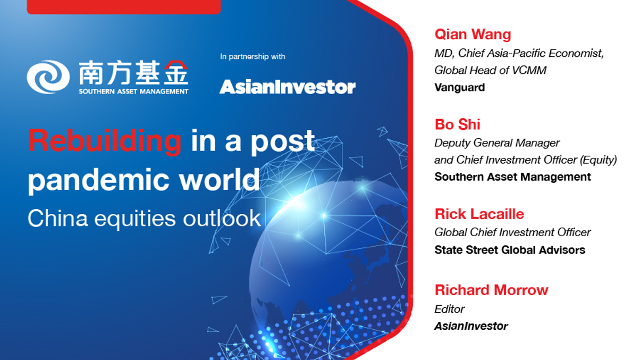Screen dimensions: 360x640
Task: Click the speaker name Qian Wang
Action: (473, 35)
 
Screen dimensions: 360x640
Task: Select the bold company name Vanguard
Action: (459, 87)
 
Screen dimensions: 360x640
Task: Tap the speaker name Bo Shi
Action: (457, 124)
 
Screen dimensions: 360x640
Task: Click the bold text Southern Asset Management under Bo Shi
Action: (512, 177)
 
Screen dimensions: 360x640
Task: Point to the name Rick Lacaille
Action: (479, 214)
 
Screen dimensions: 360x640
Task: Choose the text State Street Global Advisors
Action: (509, 249)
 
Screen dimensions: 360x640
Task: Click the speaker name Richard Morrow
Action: (491, 290)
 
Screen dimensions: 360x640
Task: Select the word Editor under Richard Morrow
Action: (449, 309)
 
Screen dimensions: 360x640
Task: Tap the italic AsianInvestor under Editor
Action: (471, 326)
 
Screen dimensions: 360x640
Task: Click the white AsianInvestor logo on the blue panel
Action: (287, 87)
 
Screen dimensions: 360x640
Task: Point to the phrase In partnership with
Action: (252, 57)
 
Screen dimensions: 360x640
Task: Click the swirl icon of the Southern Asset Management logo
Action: (48, 77)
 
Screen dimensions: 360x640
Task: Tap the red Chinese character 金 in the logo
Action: (176, 73)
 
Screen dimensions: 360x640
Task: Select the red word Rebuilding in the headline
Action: (105, 141)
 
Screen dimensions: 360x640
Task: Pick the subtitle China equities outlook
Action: (144, 218)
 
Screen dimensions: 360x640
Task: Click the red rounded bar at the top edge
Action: (123, 6)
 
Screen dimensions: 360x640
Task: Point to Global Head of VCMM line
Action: (490, 70)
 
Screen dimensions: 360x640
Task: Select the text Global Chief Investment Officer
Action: (512, 232)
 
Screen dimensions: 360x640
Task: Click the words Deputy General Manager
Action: (496, 143)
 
